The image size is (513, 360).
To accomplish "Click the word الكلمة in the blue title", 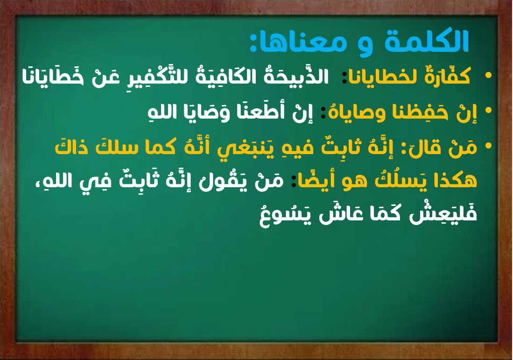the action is tap(427, 41).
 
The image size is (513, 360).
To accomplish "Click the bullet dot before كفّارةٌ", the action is tap(488, 76).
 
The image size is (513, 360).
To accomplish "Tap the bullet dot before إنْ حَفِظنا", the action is tap(488, 111).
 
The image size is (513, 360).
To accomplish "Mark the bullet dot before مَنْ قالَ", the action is tap(488, 146).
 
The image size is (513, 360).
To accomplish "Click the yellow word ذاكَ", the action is tap(71, 147).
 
